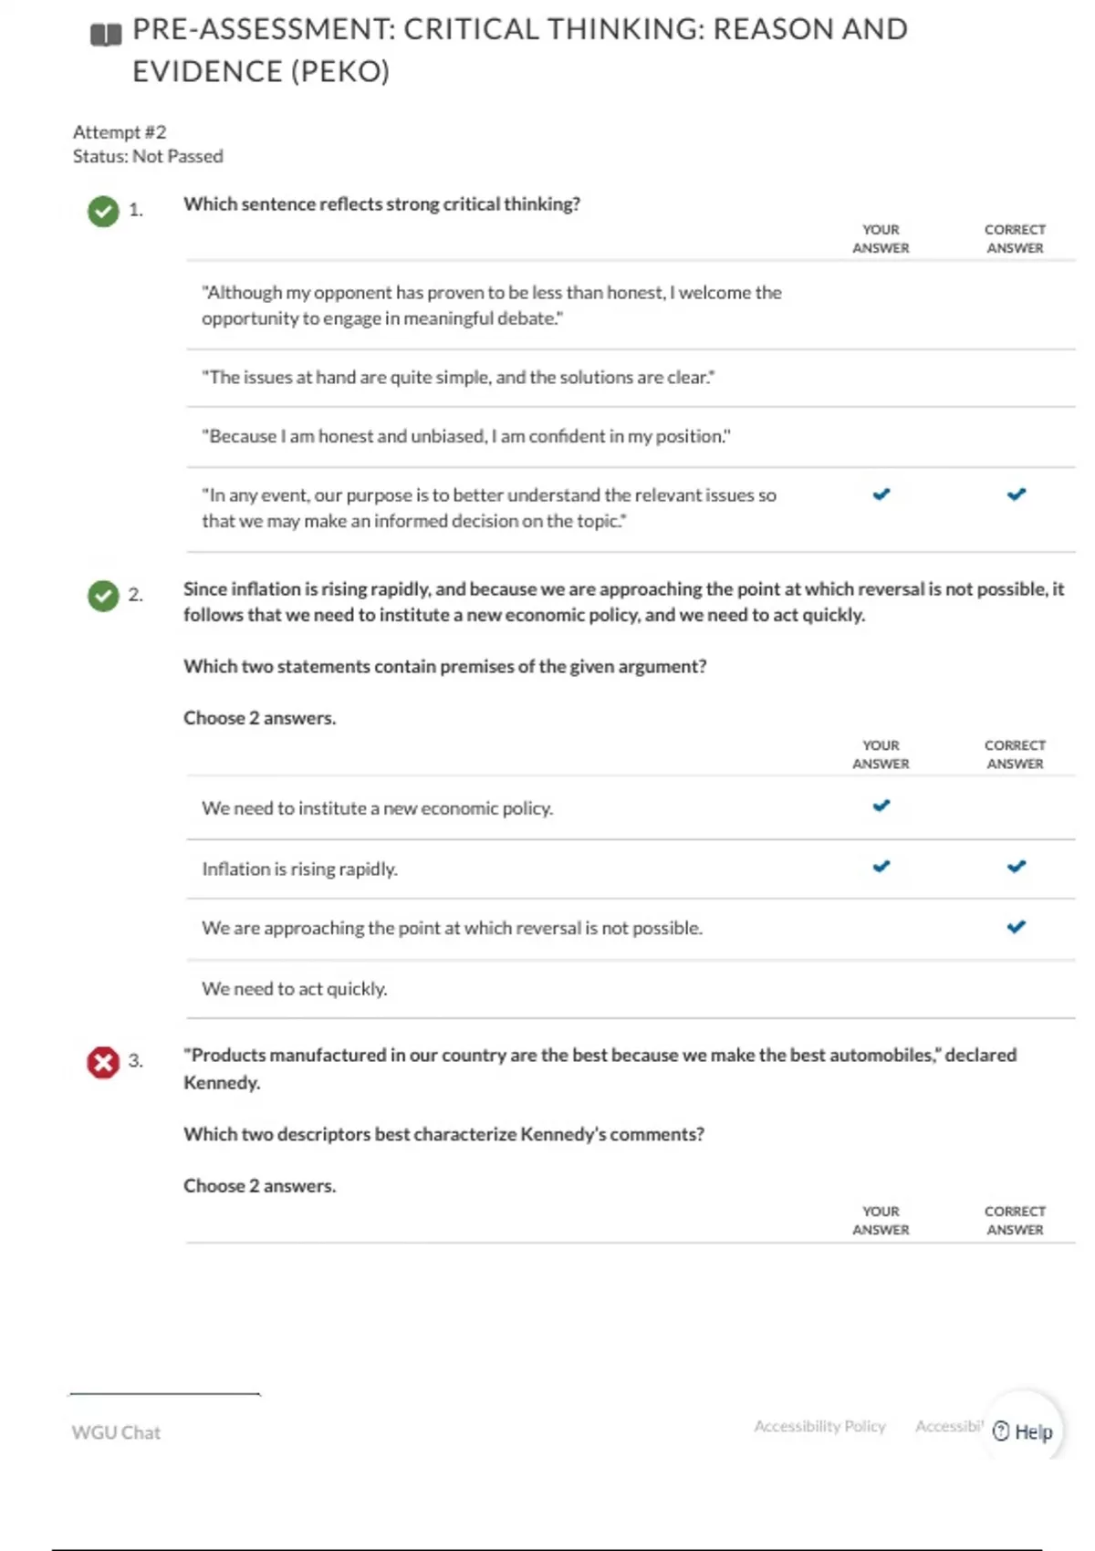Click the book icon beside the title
106,36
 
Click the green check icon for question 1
103,211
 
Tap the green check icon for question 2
103,596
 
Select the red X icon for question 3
103,1062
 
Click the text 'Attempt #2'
120,132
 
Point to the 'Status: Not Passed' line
148,156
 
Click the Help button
1023,1431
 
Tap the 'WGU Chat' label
116,1432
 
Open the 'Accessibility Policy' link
819,1426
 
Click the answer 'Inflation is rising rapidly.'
299,869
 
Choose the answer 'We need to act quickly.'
294,988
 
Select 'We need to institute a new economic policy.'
377,808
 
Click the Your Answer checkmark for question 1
881,494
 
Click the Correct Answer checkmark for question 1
1016,494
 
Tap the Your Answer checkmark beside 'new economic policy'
881,806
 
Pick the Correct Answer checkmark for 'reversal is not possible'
1016,927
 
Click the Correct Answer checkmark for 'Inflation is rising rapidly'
1016,867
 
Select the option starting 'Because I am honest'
465,436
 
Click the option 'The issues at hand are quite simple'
458,377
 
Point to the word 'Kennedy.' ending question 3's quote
222,1083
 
